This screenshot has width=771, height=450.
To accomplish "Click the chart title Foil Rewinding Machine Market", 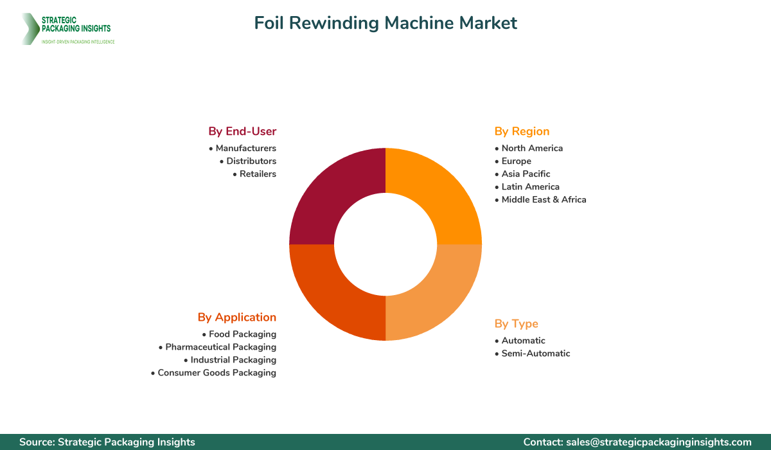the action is (x=385, y=23).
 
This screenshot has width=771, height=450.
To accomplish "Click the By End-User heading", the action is (x=242, y=131).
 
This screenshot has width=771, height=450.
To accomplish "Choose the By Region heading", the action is (x=522, y=132).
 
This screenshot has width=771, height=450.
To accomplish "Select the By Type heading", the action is (x=517, y=324).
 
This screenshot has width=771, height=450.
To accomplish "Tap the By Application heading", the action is (x=237, y=318).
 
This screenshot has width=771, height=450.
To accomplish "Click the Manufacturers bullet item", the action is (x=242, y=148).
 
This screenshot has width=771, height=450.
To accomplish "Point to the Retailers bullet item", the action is (x=254, y=174).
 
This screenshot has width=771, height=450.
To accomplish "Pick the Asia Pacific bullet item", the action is (x=522, y=174).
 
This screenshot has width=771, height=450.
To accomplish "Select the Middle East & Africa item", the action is (x=540, y=200).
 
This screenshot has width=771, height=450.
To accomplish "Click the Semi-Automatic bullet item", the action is (x=533, y=354).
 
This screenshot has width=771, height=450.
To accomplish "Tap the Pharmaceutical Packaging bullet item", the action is (x=217, y=347).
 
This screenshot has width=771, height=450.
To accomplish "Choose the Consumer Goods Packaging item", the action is (x=213, y=373).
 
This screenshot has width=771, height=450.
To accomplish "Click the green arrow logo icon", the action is (x=30, y=29).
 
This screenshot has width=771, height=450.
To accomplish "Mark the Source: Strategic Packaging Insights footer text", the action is (x=107, y=442).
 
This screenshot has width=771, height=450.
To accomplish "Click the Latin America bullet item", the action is (x=527, y=187).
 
